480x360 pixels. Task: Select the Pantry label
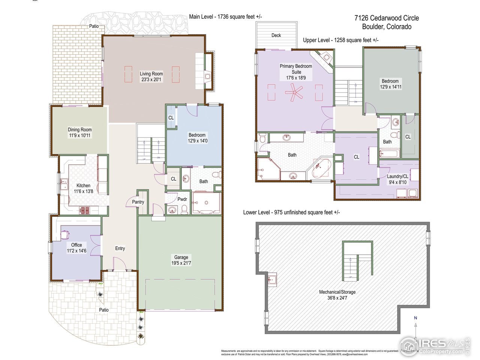point(138,202)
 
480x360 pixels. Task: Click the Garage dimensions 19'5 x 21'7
point(181,263)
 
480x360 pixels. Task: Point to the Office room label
point(76,245)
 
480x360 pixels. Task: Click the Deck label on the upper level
point(276,35)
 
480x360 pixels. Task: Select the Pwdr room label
point(182,199)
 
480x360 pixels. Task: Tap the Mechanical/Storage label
point(337,292)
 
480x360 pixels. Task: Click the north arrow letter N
point(415,318)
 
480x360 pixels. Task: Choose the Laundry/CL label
point(397,176)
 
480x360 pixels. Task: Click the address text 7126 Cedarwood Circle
point(387,18)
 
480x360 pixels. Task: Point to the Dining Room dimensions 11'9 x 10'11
point(79,135)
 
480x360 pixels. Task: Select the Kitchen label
point(83,185)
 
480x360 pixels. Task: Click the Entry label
point(120,248)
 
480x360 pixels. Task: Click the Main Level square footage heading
point(225,16)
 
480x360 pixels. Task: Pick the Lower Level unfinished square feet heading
point(291,212)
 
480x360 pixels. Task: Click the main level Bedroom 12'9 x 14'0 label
point(197,138)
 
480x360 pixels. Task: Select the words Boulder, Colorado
point(387,27)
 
